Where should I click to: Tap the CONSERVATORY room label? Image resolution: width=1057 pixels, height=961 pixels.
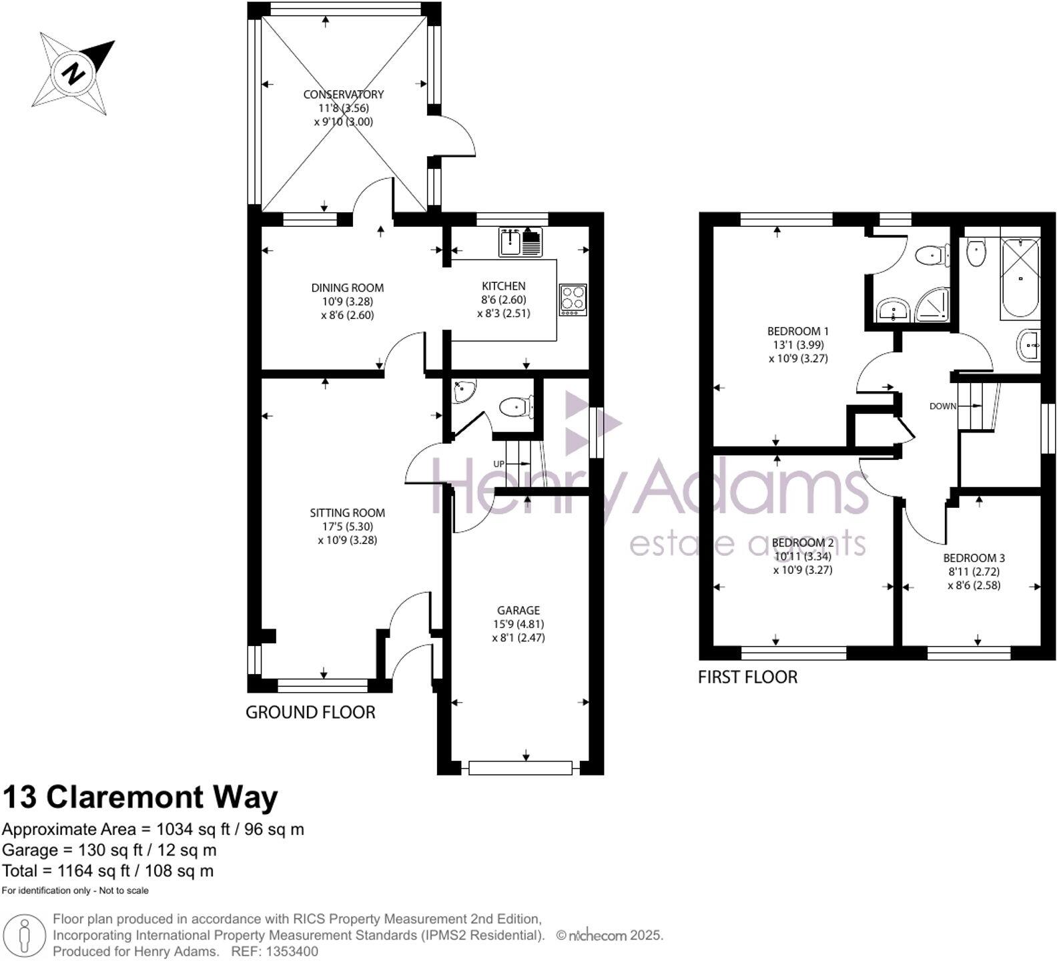pyautogui.click(x=343, y=94)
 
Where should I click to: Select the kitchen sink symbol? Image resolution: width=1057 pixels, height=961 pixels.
pyautogui.click(x=520, y=242)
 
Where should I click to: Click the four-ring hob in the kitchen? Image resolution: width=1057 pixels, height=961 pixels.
pyautogui.click(x=573, y=300)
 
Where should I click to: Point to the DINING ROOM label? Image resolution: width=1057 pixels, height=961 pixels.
pyautogui.click(x=347, y=288)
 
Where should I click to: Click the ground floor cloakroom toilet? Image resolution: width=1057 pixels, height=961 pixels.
pyautogui.click(x=516, y=406)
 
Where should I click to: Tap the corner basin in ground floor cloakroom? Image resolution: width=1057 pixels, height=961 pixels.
pyautogui.click(x=463, y=392)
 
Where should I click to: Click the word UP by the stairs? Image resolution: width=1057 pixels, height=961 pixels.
pyautogui.click(x=498, y=464)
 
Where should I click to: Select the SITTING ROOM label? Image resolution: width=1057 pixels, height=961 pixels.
pyautogui.click(x=347, y=513)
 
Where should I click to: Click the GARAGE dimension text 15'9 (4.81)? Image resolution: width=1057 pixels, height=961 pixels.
pyautogui.click(x=518, y=624)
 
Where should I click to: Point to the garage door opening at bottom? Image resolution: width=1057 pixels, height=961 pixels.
pyautogui.click(x=520, y=767)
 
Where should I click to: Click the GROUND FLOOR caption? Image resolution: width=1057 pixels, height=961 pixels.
pyautogui.click(x=310, y=712)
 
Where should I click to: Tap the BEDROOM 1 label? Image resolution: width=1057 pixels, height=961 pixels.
pyautogui.click(x=797, y=331)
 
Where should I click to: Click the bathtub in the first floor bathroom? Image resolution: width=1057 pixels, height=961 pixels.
pyautogui.click(x=1020, y=278)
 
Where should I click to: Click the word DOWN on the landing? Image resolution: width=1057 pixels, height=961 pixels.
pyautogui.click(x=942, y=406)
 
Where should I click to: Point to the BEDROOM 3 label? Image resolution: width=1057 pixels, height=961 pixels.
pyautogui.click(x=974, y=558)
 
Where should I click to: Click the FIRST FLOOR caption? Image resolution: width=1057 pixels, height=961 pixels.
pyautogui.click(x=747, y=677)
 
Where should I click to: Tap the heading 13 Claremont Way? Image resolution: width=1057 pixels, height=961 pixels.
pyautogui.click(x=140, y=797)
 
